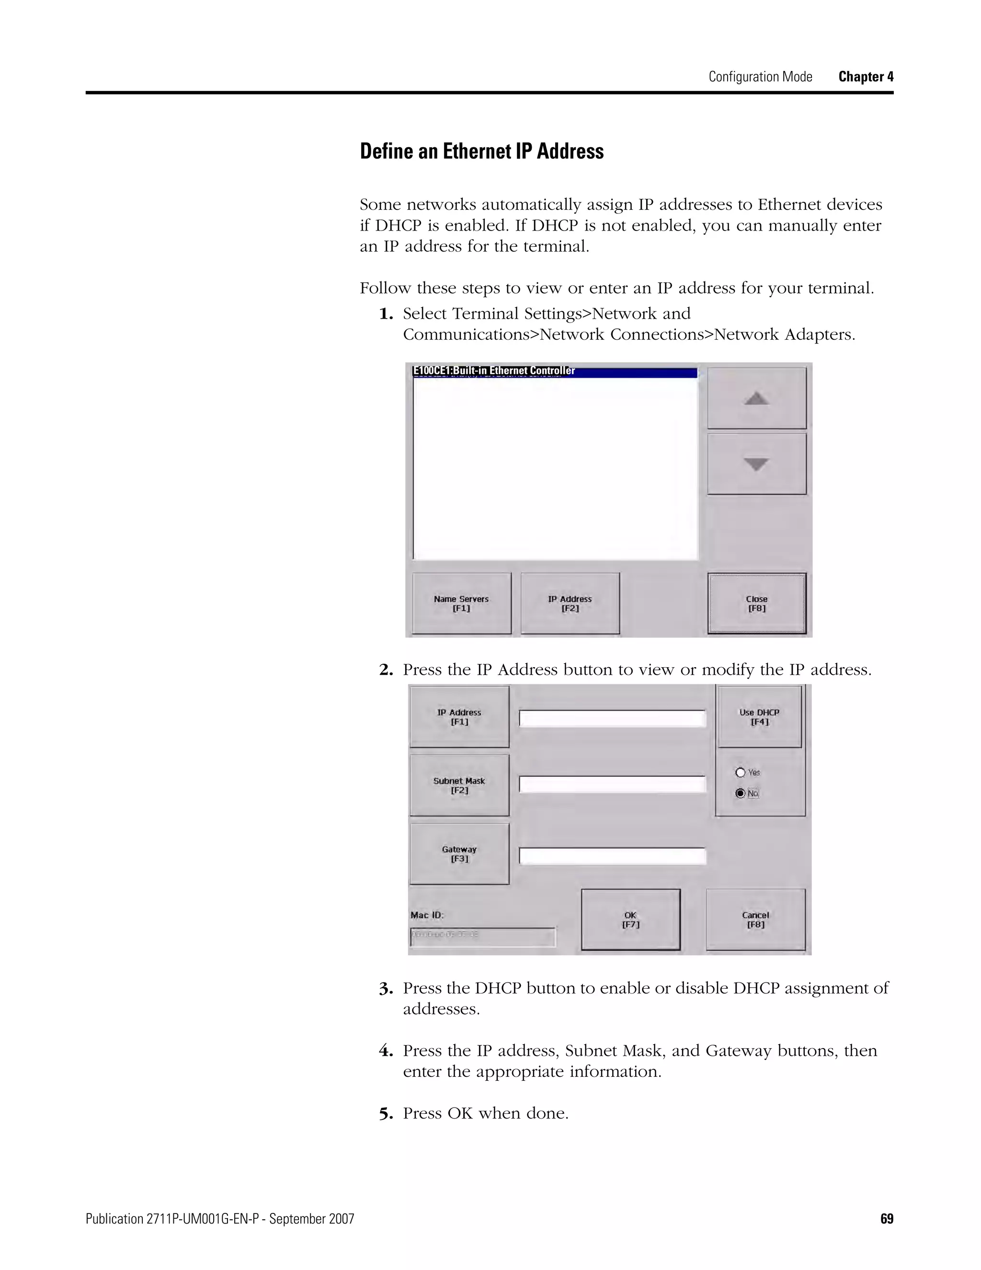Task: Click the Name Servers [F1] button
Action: coord(461,603)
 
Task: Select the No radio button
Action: coord(741,793)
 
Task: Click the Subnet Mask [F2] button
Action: coord(459,785)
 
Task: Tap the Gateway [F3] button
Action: coord(459,854)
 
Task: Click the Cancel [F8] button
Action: coord(755,919)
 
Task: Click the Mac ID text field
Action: coord(482,937)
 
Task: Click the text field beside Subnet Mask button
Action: coord(612,784)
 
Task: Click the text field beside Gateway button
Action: coord(612,856)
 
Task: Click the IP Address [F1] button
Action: coord(459,716)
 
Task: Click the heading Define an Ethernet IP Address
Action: coord(481,151)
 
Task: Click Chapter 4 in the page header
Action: coord(866,77)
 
